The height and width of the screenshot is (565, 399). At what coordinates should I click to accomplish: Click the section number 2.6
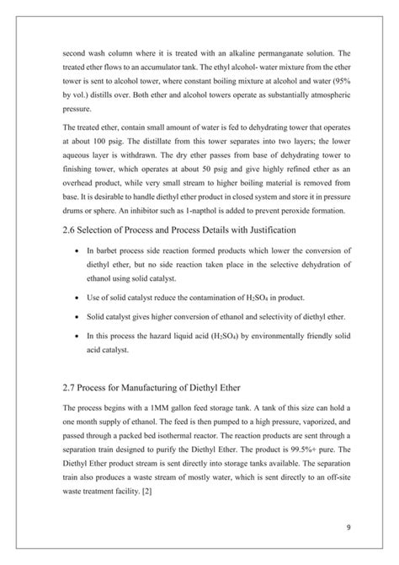(72, 229)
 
